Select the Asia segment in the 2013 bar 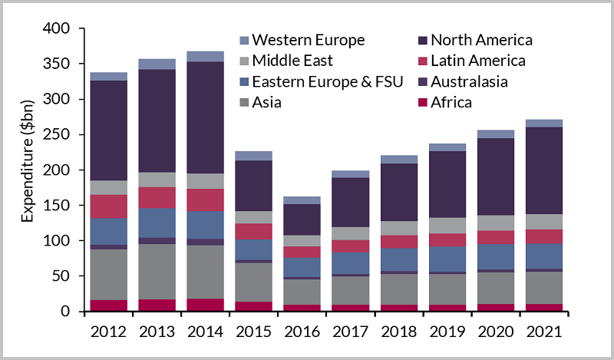157,271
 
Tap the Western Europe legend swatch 245,40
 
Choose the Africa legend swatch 419,102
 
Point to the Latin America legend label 478,61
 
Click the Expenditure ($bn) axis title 28,170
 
